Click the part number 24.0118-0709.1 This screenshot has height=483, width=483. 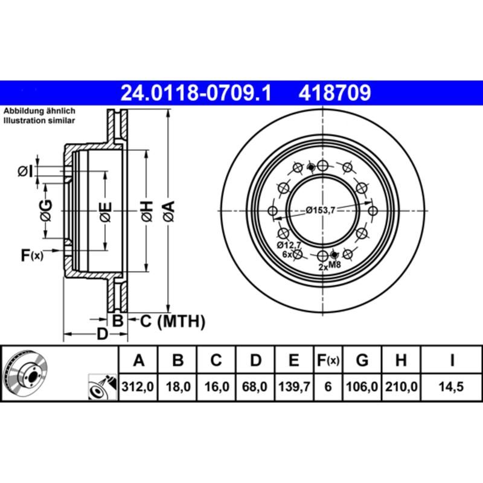pos(197,93)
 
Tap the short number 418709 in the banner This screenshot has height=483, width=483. pos(333,93)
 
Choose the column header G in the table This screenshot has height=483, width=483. pos(362,362)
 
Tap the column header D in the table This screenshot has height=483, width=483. pos(255,362)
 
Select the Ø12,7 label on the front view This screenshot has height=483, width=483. pos(287,245)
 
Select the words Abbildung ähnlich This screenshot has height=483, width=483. pos(39,112)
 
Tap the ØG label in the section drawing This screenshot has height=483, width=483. pos(46,211)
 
